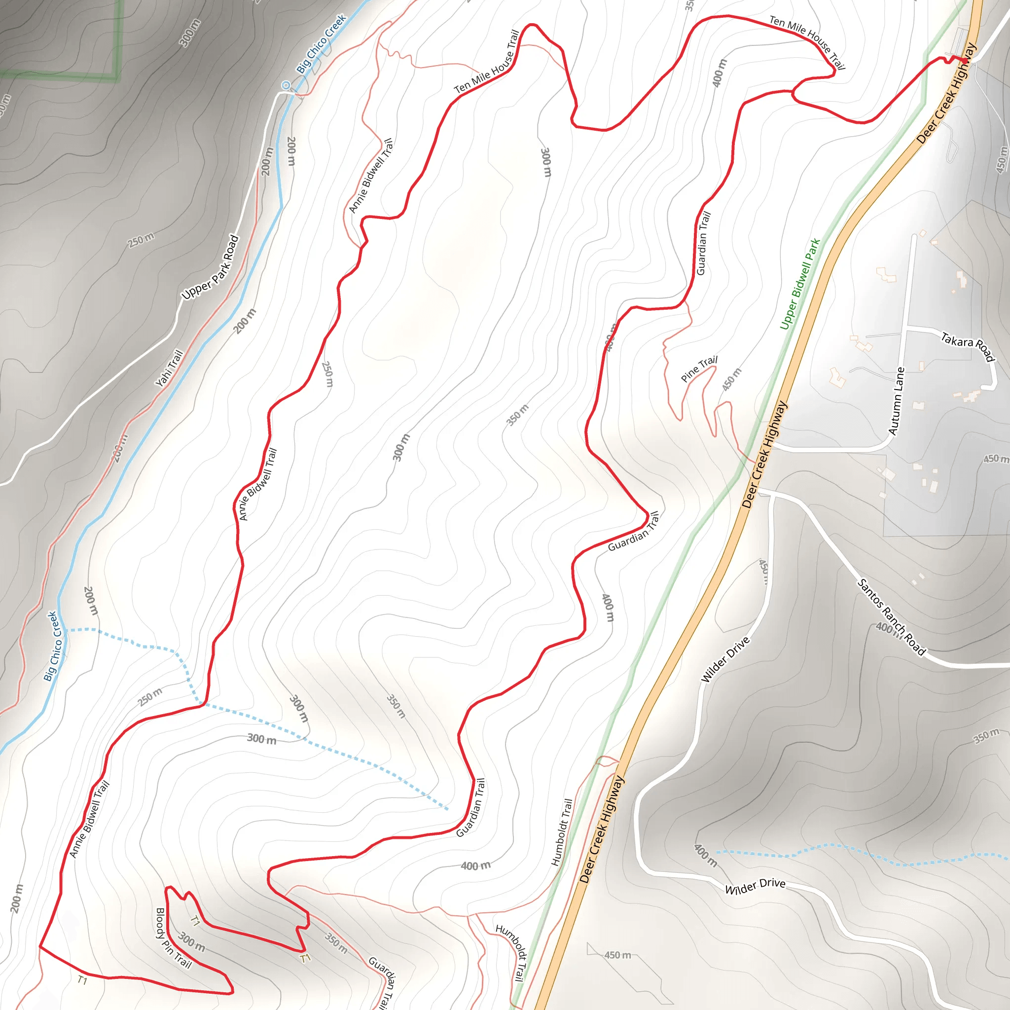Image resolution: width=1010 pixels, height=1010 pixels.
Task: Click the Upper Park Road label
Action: [210, 268]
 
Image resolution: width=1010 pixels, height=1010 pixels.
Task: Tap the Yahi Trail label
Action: [169, 368]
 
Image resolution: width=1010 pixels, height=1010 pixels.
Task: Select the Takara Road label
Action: [968, 347]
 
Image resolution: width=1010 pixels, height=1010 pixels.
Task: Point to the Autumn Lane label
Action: [897, 401]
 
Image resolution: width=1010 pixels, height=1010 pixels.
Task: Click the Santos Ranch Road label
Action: [891, 617]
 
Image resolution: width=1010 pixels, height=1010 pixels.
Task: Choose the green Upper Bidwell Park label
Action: [800, 284]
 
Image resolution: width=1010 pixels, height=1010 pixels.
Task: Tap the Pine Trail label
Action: [699, 368]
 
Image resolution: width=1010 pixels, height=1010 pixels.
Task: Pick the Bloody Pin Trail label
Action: [174, 938]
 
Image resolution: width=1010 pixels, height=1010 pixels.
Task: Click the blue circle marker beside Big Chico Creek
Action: [286, 85]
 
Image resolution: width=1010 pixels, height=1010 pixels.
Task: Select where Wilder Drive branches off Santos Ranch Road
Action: [772, 495]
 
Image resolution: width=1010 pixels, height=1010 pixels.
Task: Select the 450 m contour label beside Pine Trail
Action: [732, 379]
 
